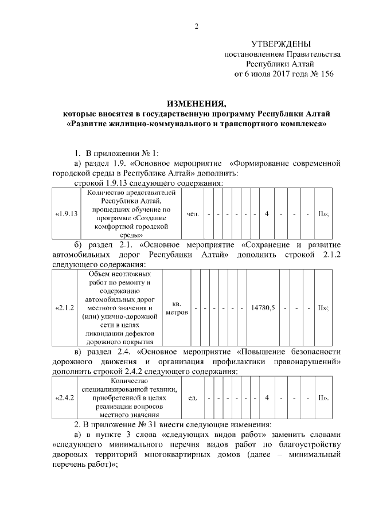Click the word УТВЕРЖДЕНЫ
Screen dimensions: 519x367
[x=281, y=44]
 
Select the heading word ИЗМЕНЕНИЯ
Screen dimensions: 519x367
[x=196, y=104]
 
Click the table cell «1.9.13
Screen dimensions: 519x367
[x=66, y=213]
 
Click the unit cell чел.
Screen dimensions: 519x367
[x=193, y=213]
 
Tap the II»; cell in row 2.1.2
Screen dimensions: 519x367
[x=323, y=308]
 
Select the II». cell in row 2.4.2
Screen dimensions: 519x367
[x=323, y=397]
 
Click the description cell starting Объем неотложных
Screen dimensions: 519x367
[x=120, y=308]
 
